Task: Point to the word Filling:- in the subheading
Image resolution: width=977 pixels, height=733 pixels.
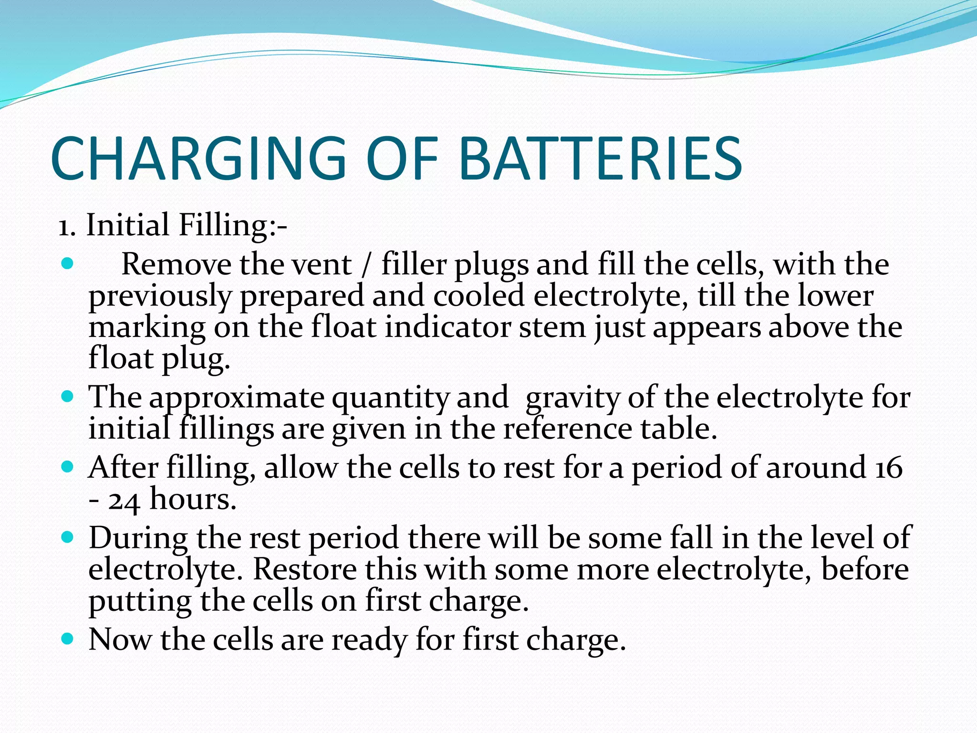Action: pyautogui.click(x=232, y=225)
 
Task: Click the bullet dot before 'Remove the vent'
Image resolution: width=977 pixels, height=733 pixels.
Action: pyautogui.click(x=68, y=264)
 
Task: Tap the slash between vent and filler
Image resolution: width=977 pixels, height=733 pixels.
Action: pyautogui.click(x=366, y=265)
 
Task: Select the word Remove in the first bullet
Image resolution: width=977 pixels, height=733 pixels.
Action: pyautogui.click(x=177, y=264)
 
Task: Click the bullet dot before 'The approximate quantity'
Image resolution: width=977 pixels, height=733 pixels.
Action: pyautogui.click(x=68, y=396)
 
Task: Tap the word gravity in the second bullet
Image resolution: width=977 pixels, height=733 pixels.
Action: pyautogui.click(x=572, y=398)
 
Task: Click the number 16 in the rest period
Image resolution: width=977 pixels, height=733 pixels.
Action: pyautogui.click(x=889, y=468)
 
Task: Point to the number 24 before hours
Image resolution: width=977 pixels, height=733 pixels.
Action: pyautogui.click(x=124, y=501)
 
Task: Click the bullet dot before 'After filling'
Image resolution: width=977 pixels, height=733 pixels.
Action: pyautogui.click(x=68, y=466)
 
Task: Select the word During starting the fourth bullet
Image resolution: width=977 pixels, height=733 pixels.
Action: pyautogui.click(x=138, y=538)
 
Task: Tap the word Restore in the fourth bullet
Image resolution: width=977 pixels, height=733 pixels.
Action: pyautogui.click(x=305, y=569)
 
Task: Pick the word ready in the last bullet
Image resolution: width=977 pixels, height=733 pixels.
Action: pyautogui.click(x=369, y=640)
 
